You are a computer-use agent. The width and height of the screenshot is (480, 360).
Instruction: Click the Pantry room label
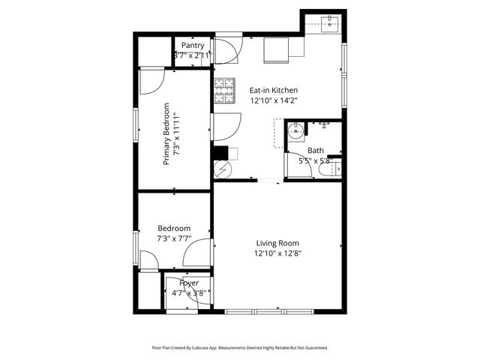(x=192, y=46)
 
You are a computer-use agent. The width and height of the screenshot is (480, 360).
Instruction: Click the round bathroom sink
(x=297, y=133)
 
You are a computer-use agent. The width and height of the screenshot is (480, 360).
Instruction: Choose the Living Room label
(x=277, y=243)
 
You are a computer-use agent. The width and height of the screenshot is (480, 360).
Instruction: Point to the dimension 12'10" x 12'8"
(x=277, y=253)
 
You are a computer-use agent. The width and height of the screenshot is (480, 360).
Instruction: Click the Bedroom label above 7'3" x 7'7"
(x=173, y=229)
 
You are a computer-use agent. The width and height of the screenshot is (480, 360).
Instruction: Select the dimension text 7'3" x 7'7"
(x=173, y=238)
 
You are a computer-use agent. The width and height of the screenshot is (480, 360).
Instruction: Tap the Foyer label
(x=189, y=283)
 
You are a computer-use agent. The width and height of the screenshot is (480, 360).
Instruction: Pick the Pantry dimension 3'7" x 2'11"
(x=192, y=55)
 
